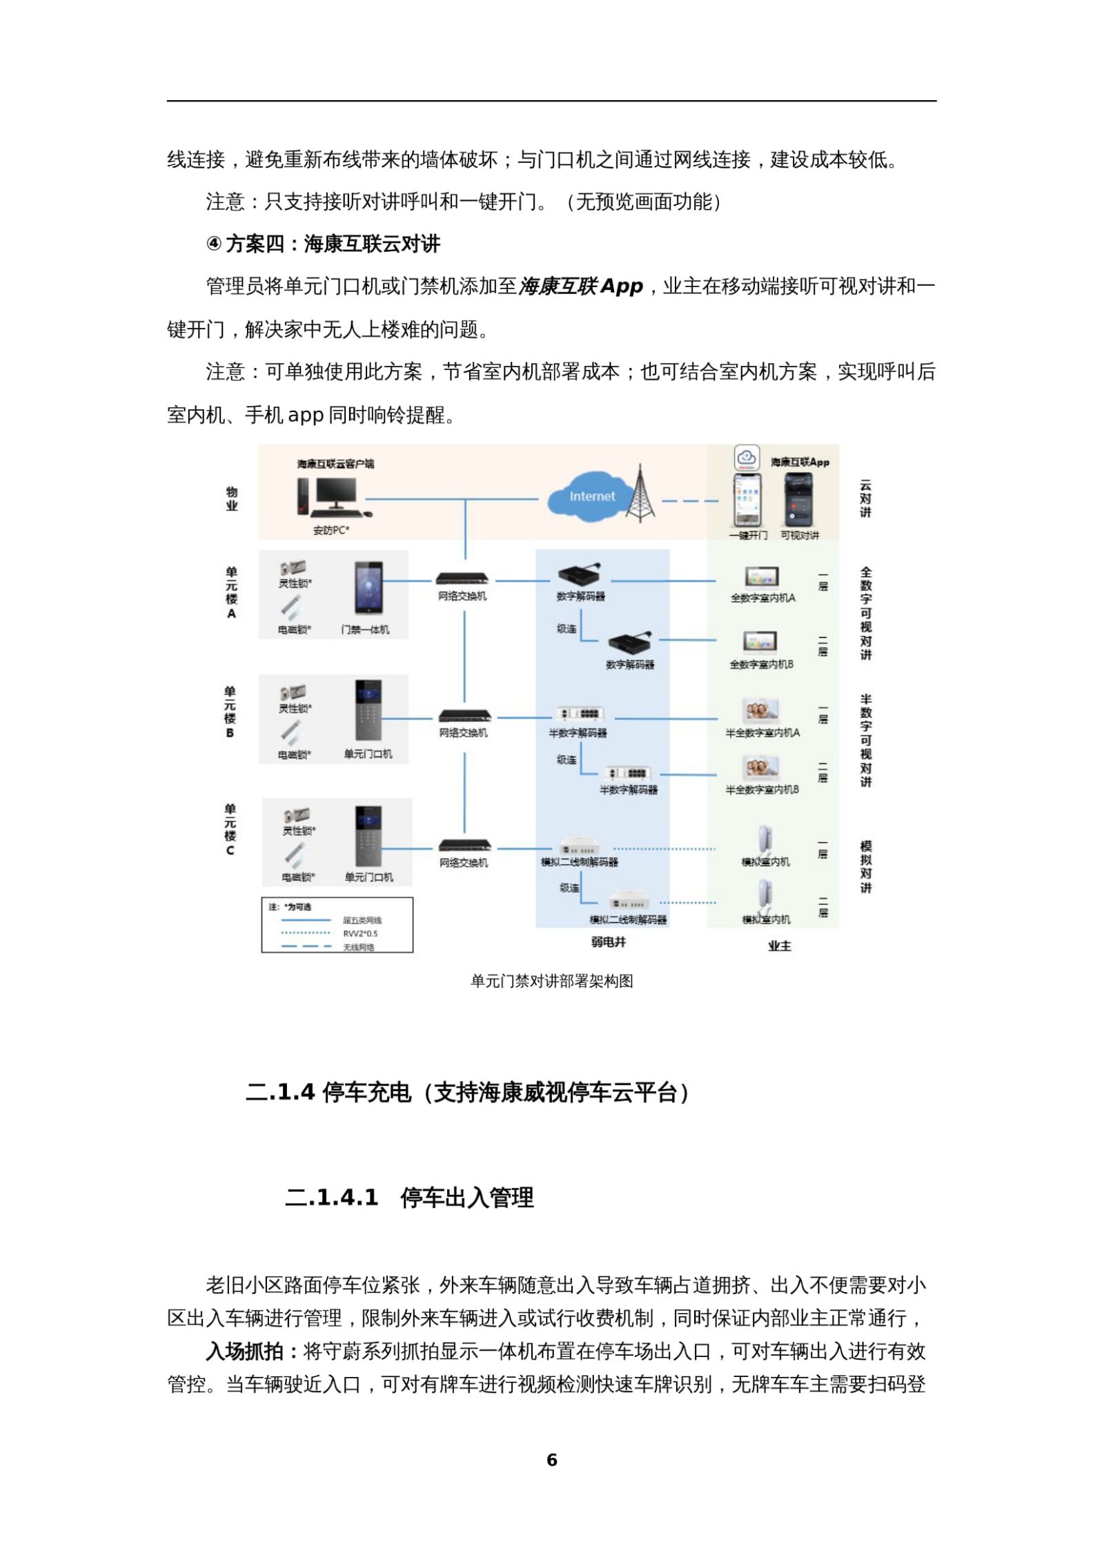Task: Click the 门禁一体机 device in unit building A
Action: point(368,588)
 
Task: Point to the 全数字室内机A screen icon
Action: point(762,577)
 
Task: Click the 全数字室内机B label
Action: point(762,664)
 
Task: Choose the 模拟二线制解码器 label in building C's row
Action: point(580,861)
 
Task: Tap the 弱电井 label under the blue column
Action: point(608,942)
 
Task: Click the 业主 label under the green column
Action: point(780,946)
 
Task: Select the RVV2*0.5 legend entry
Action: point(360,934)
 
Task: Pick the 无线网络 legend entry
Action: point(359,948)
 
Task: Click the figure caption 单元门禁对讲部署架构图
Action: point(551,981)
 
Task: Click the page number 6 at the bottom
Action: point(551,1460)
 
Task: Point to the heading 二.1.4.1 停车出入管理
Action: point(409,1197)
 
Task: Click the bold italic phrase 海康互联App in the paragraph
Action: point(580,286)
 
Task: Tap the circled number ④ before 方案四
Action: point(214,244)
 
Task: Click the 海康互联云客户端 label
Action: point(336,464)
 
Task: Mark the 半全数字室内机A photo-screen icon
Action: point(762,711)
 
